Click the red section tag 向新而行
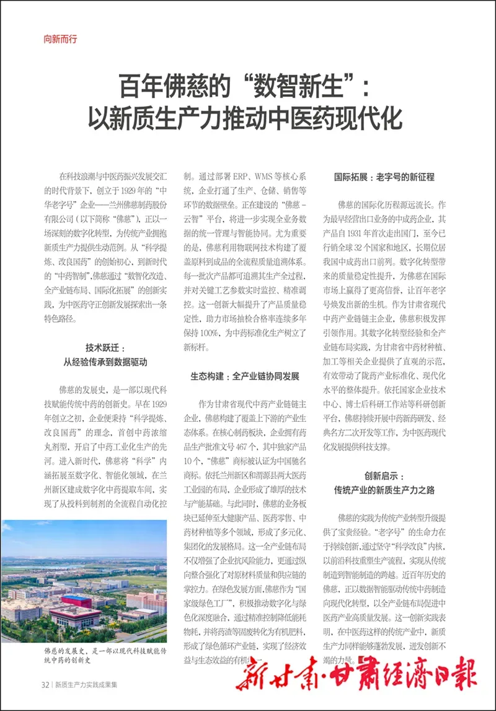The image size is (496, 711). click(x=60, y=38)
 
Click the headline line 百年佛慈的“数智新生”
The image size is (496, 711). click(x=244, y=85)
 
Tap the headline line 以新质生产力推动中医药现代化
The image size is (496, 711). click(x=244, y=117)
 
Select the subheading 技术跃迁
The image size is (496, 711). click(x=105, y=348)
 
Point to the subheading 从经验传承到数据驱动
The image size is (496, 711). click(x=105, y=362)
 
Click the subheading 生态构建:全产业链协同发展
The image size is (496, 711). click(x=244, y=377)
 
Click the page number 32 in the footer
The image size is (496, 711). click(x=45, y=685)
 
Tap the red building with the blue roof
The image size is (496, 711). click(x=76, y=601)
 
